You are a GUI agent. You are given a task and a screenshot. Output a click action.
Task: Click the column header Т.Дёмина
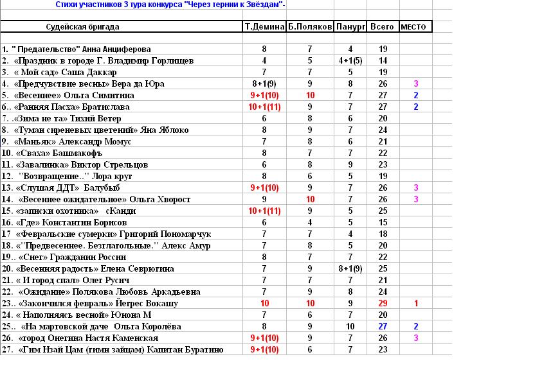(x=264, y=27)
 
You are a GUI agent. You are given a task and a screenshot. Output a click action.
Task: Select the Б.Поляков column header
(x=310, y=27)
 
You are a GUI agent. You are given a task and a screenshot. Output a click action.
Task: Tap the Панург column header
(x=350, y=27)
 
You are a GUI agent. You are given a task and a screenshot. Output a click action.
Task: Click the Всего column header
(x=383, y=27)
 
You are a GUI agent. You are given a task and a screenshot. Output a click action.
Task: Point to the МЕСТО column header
(x=415, y=27)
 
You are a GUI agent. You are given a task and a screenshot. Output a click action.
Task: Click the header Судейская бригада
(x=83, y=27)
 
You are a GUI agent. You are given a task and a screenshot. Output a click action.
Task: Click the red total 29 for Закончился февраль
(x=383, y=303)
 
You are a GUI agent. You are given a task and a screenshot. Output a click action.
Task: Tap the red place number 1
(x=416, y=303)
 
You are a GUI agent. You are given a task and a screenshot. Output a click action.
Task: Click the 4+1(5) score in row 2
(x=350, y=60)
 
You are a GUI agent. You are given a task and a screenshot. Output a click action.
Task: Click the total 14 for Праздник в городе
(x=383, y=60)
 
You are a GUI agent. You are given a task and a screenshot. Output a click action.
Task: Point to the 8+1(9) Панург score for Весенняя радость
(x=350, y=268)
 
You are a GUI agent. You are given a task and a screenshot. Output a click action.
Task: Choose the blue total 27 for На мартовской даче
(x=383, y=326)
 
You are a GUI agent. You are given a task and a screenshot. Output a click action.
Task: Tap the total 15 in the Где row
(x=383, y=222)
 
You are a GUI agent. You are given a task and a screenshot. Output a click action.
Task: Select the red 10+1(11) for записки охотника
(x=264, y=211)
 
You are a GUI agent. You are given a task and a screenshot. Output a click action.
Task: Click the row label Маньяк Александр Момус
(x=74, y=141)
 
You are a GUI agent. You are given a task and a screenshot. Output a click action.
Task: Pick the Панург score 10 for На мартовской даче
(x=350, y=326)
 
